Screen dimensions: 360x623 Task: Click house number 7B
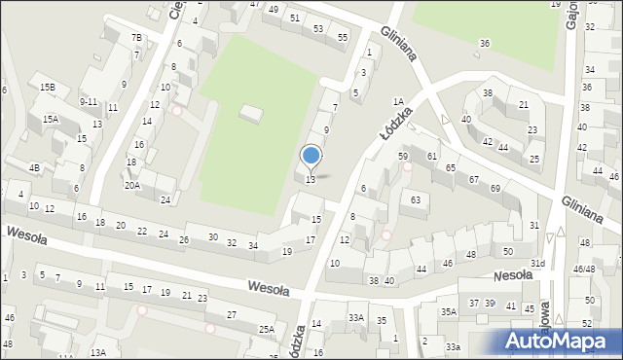[x=137, y=38]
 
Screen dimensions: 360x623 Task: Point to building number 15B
[x=47, y=88]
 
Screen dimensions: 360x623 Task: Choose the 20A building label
[x=131, y=185]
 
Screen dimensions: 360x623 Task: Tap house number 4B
[x=34, y=168]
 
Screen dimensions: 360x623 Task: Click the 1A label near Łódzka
[x=397, y=101]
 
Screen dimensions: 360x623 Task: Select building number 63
[x=416, y=200]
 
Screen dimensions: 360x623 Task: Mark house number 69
[x=495, y=188]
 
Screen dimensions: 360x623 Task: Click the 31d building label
[x=536, y=264]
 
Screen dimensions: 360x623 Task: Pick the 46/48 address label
[x=584, y=270]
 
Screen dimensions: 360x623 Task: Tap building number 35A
[x=448, y=311]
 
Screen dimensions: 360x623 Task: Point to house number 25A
[x=267, y=330]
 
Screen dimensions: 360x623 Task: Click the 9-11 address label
[x=89, y=101]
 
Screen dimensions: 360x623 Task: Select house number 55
[x=343, y=37]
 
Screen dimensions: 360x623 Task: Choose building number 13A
[x=98, y=352]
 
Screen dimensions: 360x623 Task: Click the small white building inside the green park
[x=251, y=115]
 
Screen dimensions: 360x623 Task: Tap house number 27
[x=232, y=314]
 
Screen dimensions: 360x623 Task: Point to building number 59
[x=402, y=156]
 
